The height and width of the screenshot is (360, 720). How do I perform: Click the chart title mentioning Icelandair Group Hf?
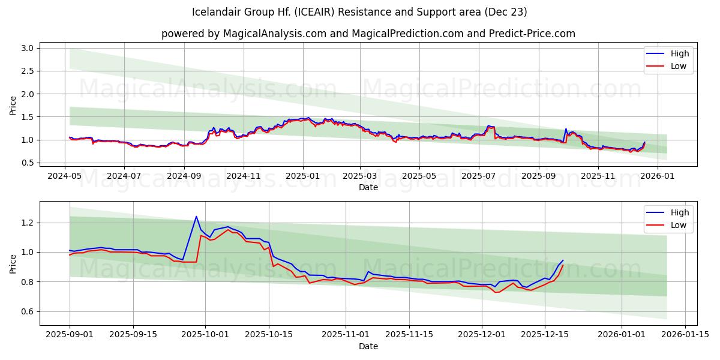pyautogui.click(x=360, y=12)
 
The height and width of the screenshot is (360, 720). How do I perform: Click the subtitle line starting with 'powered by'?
pyautogui.click(x=368, y=34)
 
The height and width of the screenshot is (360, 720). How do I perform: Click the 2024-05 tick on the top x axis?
pyautogui.click(x=65, y=176)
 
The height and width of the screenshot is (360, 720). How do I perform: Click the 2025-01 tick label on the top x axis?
pyautogui.click(x=302, y=176)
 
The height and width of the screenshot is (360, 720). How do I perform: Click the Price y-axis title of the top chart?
pyautogui.click(x=13, y=106)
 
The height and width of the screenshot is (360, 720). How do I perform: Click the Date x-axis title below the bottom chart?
pyautogui.click(x=368, y=346)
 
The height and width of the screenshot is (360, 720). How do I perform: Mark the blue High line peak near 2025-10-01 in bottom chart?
pyautogui.click(x=196, y=217)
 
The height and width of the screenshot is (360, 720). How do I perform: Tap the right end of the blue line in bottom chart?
pyautogui.click(x=563, y=260)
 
